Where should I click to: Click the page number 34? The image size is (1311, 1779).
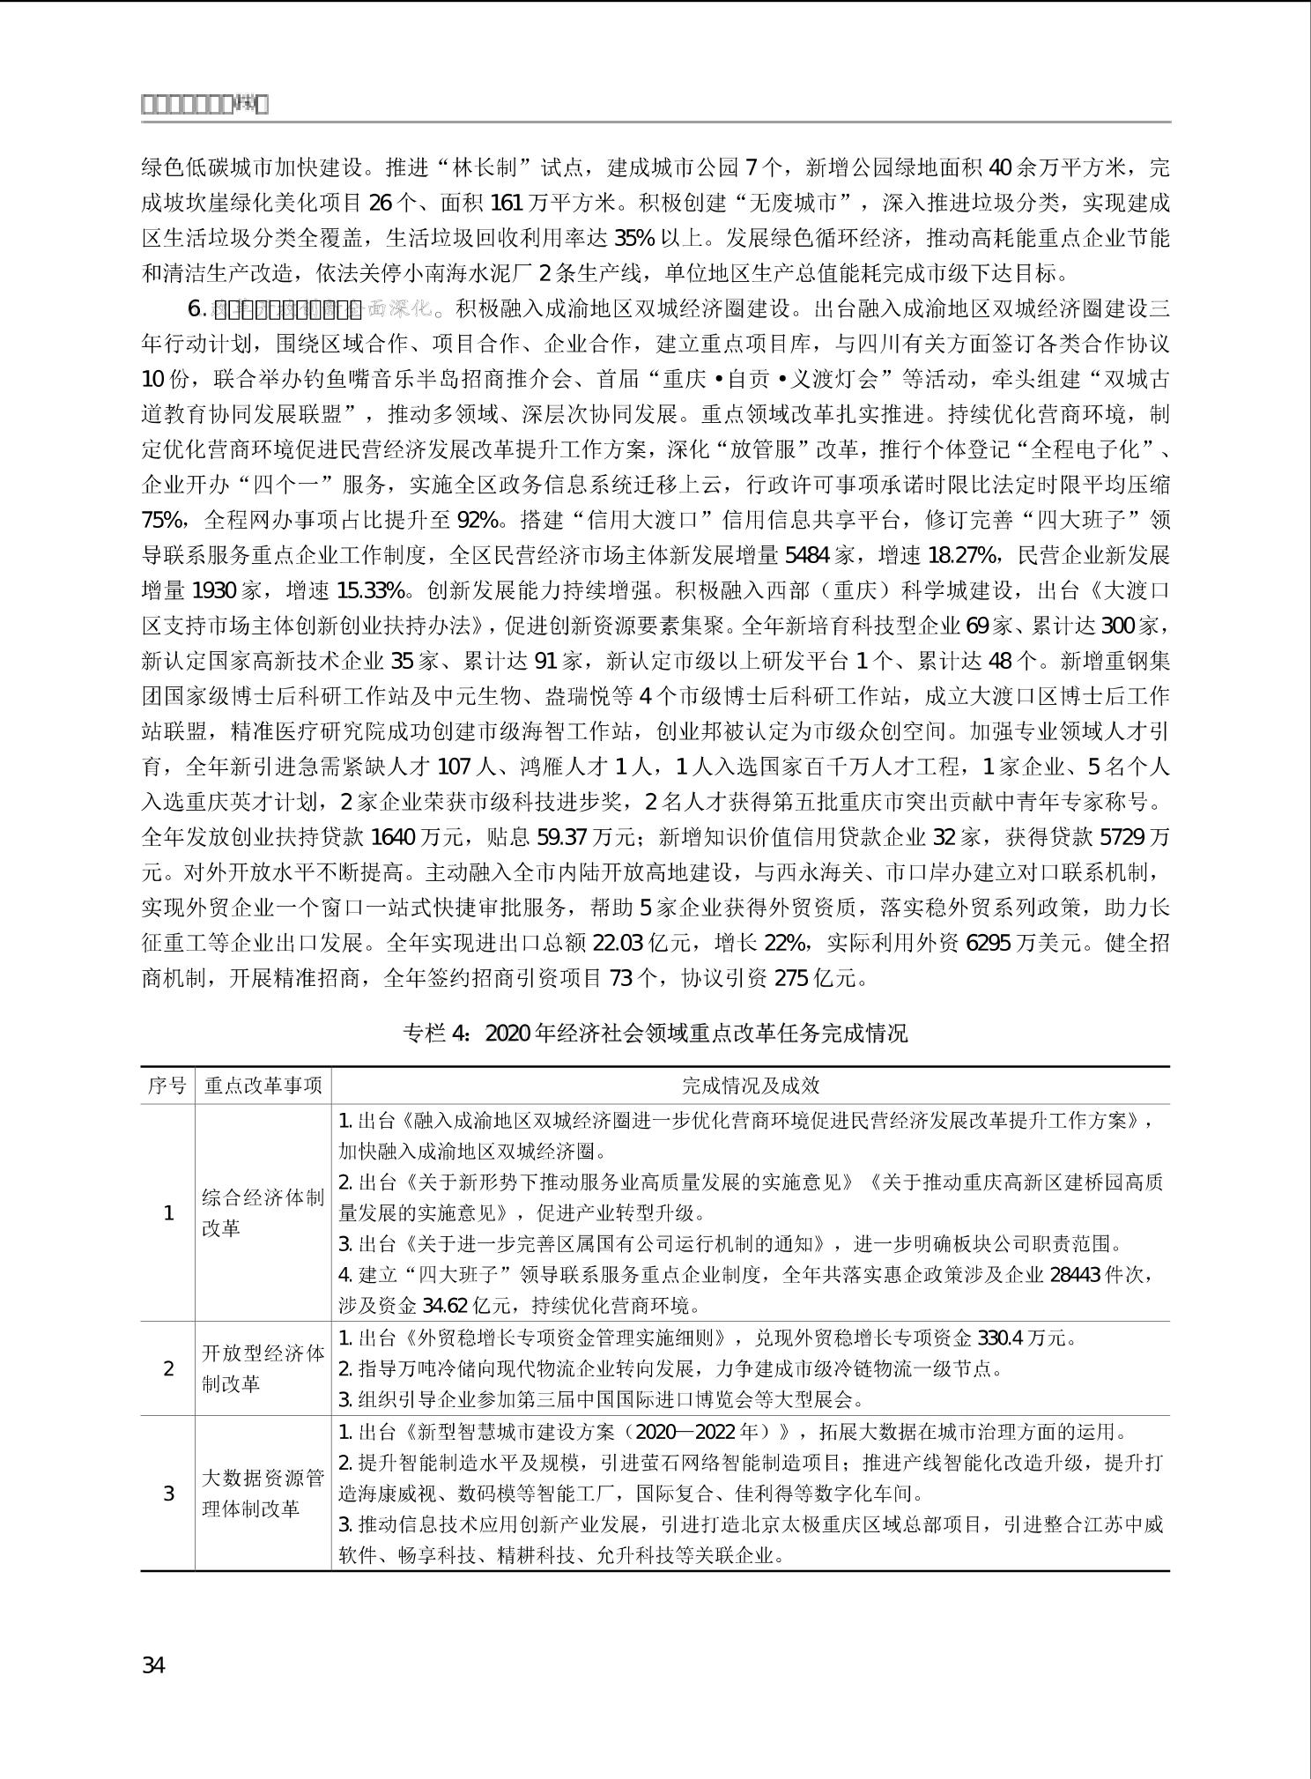point(153,1665)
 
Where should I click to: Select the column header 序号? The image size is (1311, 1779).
point(167,1086)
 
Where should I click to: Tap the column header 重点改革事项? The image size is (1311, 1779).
point(263,1086)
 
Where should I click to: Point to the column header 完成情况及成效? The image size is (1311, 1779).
point(751,1086)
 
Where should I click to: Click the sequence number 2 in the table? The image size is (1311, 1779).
point(169,1368)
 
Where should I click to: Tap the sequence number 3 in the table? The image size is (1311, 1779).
point(169,1494)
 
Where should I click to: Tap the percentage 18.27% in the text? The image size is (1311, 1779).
point(963,556)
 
